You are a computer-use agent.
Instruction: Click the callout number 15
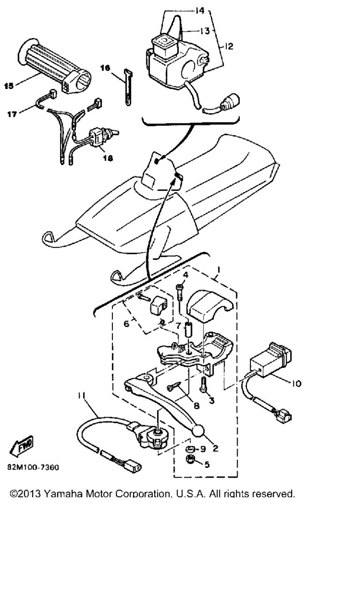pyautogui.click(x=9, y=86)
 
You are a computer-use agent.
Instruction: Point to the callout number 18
pyautogui.click(x=108, y=159)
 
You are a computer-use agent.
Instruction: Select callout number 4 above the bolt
pyautogui.click(x=185, y=275)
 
